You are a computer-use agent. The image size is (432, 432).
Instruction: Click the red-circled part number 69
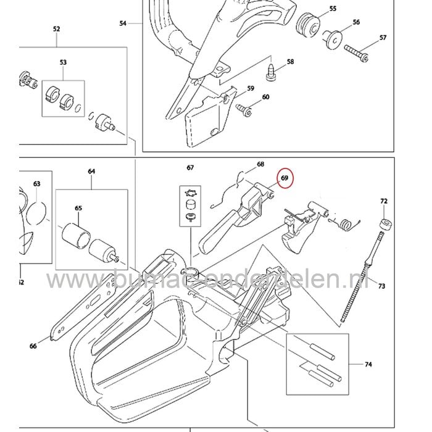click(285, 178)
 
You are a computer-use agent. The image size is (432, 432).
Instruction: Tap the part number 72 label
click(383, 202)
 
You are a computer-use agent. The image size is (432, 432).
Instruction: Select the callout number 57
click(383, 38)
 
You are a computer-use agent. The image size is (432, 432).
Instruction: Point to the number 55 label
click(333, 9)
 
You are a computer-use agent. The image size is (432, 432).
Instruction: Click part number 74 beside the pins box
click(368, 365)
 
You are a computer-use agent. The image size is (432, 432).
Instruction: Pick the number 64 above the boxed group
click(91, 171)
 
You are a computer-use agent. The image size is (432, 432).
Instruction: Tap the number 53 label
click(63, 62)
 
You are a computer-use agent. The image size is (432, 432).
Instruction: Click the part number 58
click(290, 62)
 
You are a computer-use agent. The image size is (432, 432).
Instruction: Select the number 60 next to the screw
click(266, 97)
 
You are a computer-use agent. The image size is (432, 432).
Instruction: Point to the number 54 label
click(122, 23)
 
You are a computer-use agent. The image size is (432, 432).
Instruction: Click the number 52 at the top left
click(57, 29)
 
